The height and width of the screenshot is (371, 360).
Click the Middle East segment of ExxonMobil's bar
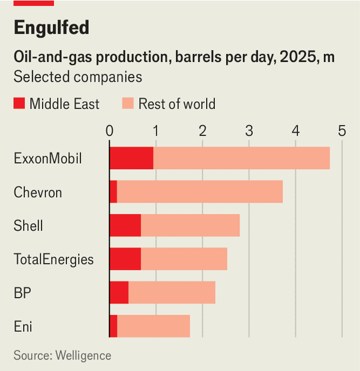click(131, 158)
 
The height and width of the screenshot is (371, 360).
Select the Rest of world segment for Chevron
click(200, 192)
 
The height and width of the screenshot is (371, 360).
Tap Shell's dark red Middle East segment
click(126, 225)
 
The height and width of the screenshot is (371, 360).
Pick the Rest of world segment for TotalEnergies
click(184, 259)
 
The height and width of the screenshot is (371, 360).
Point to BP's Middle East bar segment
click(120, 292)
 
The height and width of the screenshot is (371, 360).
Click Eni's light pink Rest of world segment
click(154, 326)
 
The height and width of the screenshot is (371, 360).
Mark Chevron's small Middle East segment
click(114, 192)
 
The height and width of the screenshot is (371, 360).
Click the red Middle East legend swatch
click(19, 104)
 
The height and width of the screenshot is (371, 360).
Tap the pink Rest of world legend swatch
click(128, 104)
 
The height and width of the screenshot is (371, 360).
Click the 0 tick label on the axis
click(110, 131)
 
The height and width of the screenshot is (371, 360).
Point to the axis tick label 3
click(249, 131)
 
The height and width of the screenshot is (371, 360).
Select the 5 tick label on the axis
click(342, 131)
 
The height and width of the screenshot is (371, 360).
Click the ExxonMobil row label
click(48, 158)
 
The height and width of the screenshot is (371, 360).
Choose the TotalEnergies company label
click(54, 259)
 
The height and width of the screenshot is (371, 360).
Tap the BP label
click(22, 293)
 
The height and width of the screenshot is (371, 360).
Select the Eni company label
click(23, 327)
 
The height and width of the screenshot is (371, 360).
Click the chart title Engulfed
click(52, 28)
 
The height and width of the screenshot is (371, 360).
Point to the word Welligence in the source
click(83, 356)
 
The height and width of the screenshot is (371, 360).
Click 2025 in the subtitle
click(298, 57)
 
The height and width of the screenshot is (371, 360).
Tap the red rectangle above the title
click(34, 3)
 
